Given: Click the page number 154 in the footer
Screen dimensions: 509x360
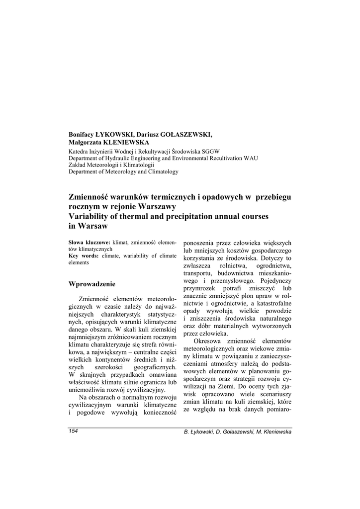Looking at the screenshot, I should (x=74, y=431).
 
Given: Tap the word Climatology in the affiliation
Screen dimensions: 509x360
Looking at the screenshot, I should (x=161, y=171).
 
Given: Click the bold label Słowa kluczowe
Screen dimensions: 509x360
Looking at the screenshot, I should (x=90, y=242).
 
